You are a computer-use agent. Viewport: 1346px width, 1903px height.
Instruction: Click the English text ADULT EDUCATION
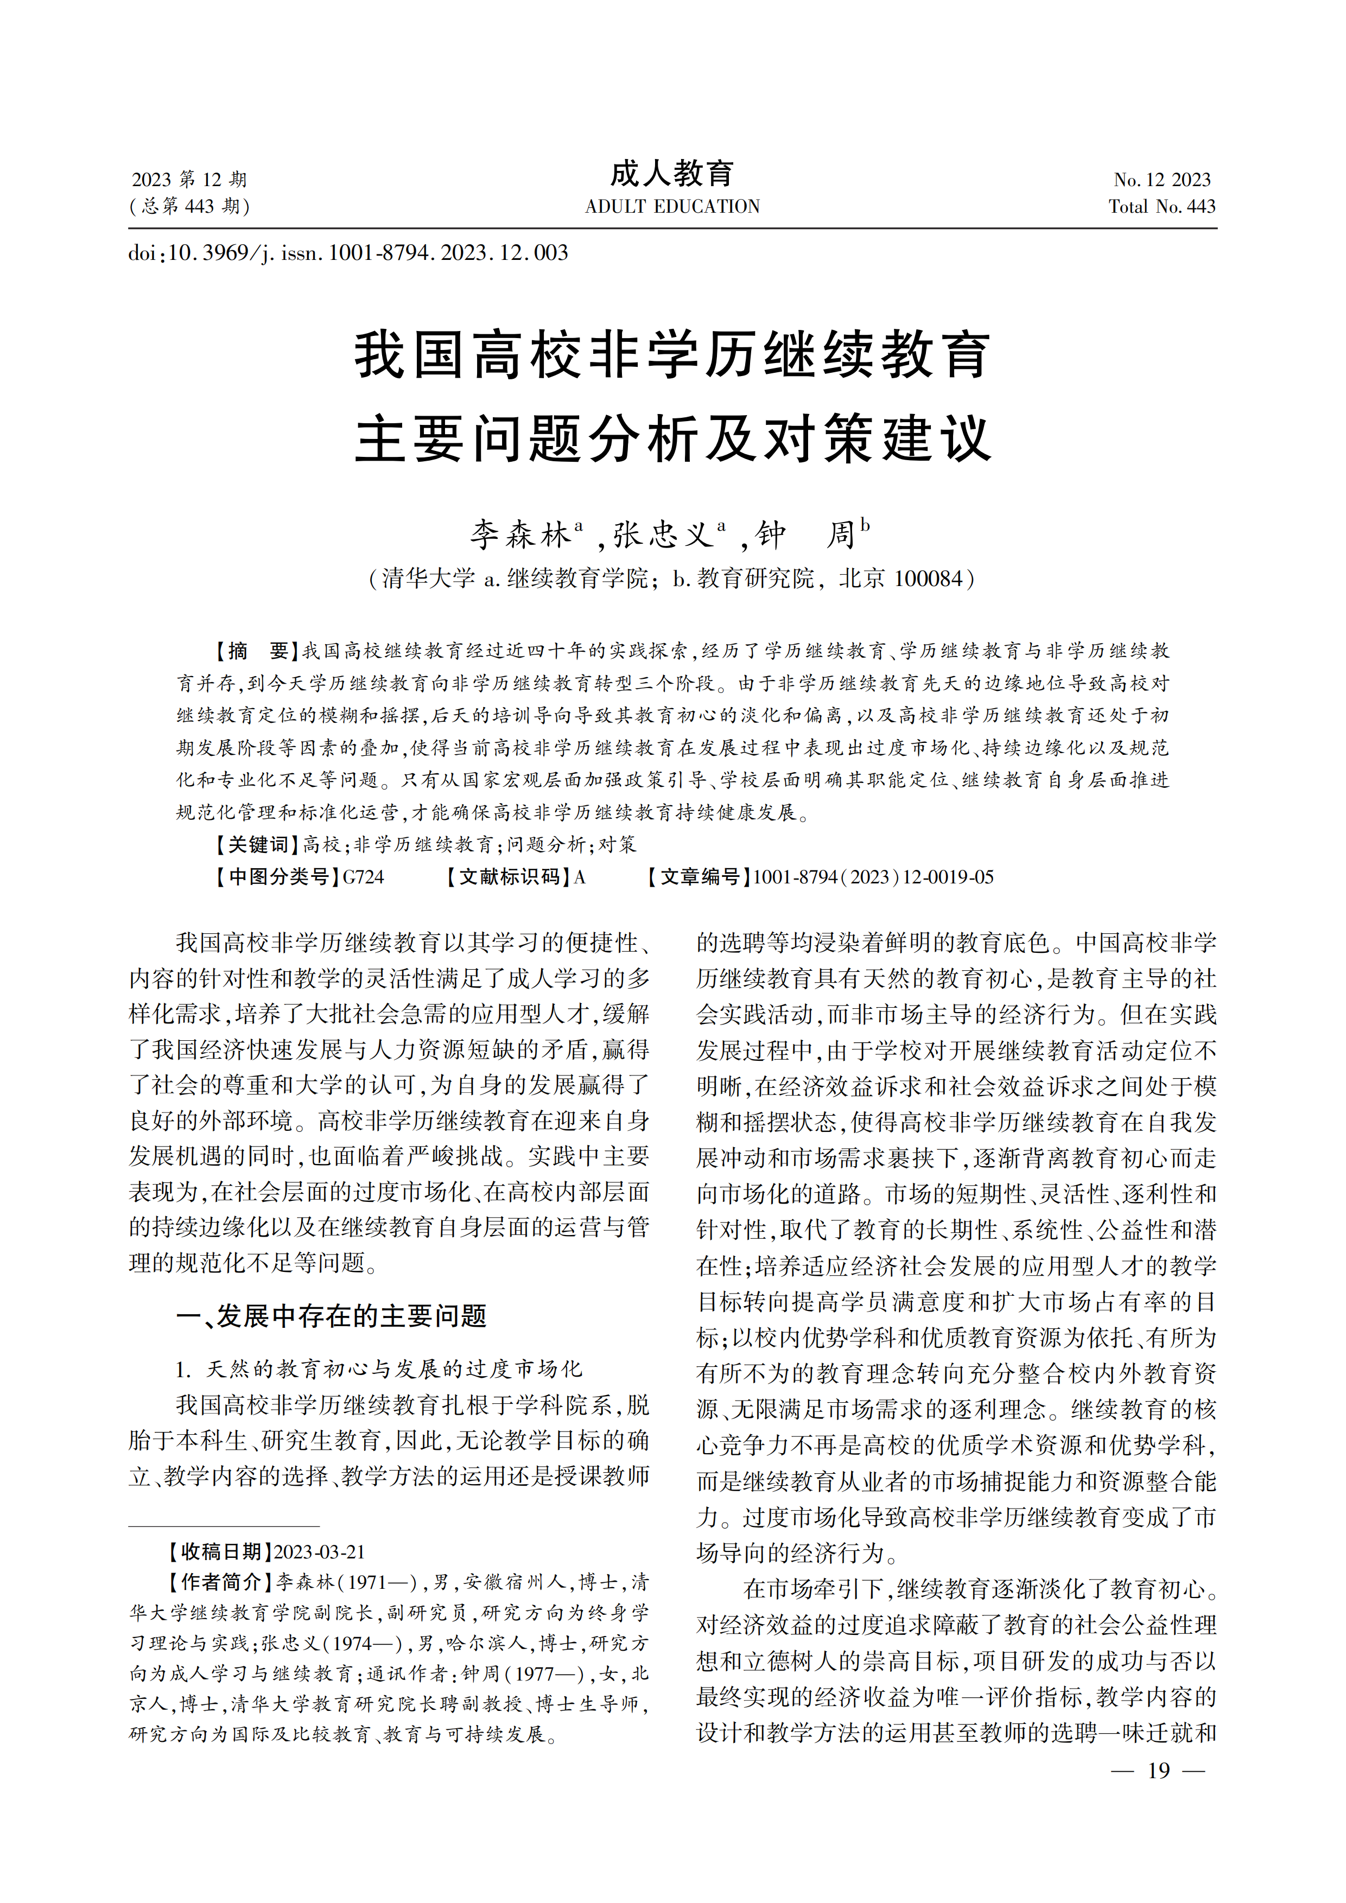(x=672, y=206)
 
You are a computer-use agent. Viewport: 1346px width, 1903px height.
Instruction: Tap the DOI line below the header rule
(x=348, y=253)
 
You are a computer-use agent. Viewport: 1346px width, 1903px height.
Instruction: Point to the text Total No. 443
(x=1162, y=206)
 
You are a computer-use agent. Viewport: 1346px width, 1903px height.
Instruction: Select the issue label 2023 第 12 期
(x=189, y=180)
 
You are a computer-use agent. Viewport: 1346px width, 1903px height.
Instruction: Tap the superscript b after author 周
(x=865, y=525)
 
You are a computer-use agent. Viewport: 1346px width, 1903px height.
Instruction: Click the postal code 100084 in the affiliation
(x=926, y=578)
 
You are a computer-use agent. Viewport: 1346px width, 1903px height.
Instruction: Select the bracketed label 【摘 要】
(x=252, y=651)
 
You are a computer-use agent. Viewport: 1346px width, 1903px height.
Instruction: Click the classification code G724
(x=363, y=877)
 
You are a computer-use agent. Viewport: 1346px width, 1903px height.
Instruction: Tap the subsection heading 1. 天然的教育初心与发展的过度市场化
(x=379, y=1369)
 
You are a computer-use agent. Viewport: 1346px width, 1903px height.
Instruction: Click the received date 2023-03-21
(x=319, y=1552)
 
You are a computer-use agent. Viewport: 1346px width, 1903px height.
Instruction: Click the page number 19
(x=1159, y=1771)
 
